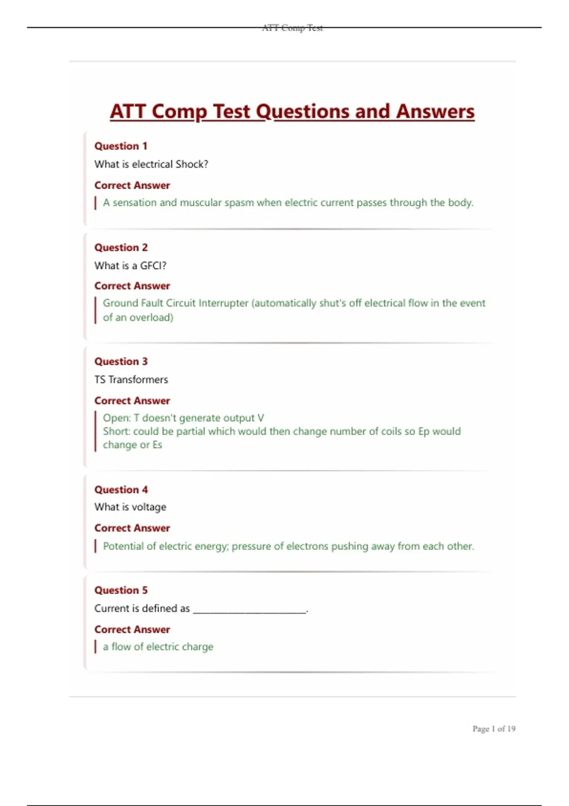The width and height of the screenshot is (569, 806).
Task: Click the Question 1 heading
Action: tap(120, 146)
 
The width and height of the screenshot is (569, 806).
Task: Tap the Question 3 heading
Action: tap(120, 361)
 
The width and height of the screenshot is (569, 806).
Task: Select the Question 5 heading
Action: tap(120, 590)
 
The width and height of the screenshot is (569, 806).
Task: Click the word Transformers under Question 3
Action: tap(138, 379)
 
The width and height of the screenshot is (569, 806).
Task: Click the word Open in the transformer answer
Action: tap(115, 418)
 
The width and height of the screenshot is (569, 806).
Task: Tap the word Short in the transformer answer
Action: tap(116, 431)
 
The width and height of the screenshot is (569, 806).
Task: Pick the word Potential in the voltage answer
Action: tap(123, 546)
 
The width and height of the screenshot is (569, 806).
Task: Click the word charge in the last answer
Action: tap(198, 647)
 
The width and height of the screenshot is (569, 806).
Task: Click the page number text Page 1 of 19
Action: tap(494, 729)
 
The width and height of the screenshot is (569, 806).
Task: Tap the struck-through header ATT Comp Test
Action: tap(292, 28)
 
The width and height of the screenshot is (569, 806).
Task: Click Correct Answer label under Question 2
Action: tap(132, 286)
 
